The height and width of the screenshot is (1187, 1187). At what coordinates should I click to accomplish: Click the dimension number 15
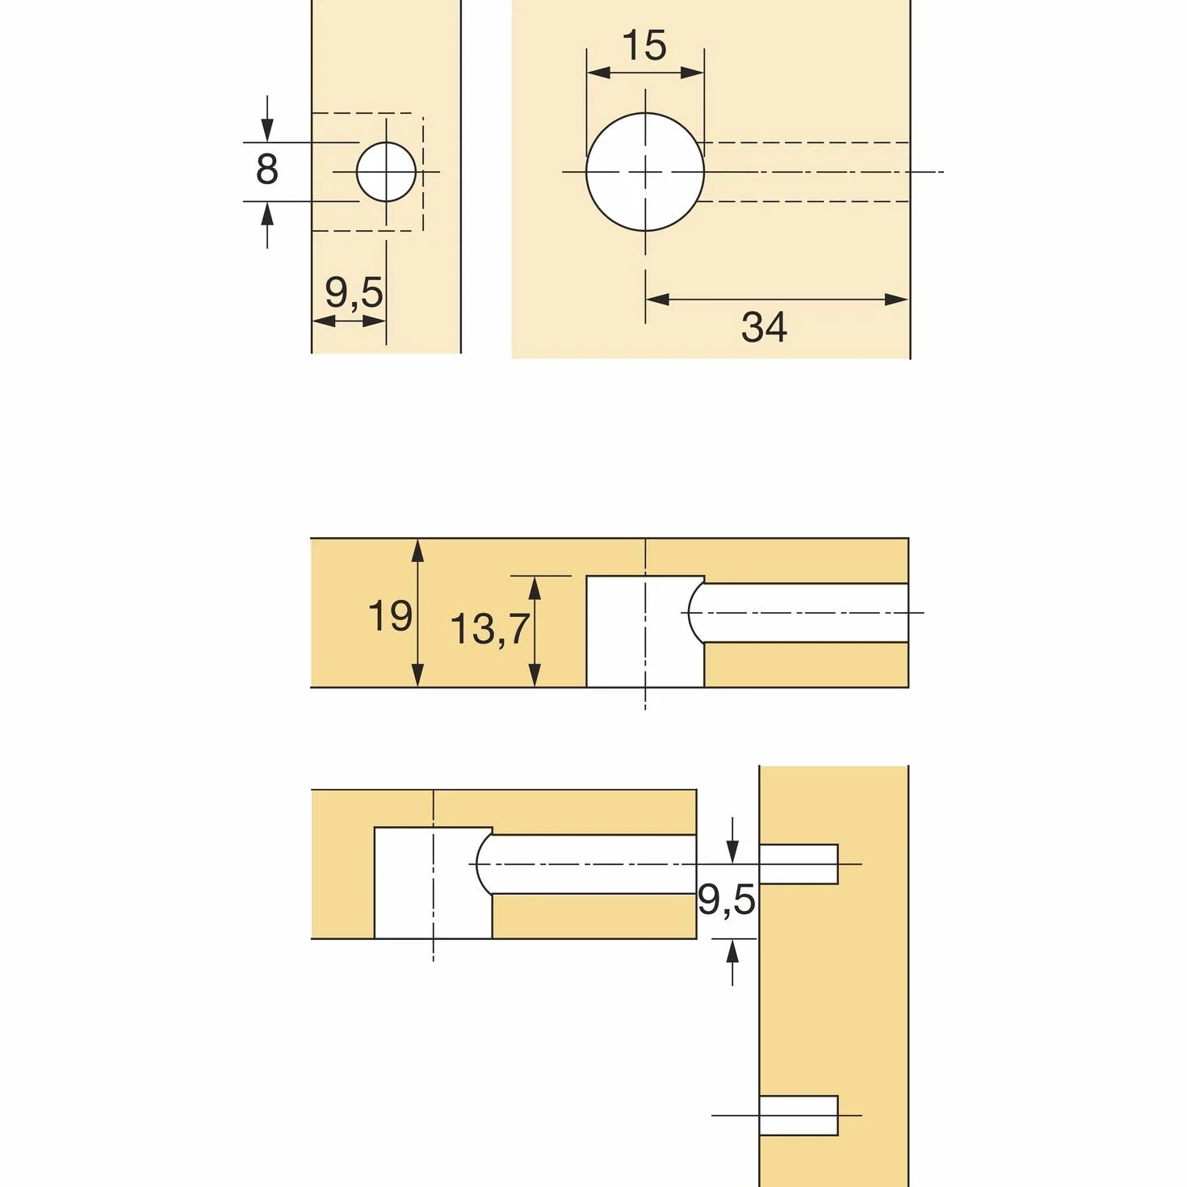(x=644, y=45)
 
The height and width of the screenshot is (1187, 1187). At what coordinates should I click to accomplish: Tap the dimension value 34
(x=764, y=327)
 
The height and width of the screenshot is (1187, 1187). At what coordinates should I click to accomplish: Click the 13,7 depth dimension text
(x=489, y=629)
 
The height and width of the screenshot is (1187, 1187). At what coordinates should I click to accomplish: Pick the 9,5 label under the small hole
(x=354, y=292)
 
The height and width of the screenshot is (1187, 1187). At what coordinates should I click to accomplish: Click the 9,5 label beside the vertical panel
(x=726, y=900)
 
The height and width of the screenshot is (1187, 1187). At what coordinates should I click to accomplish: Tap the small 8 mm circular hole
(x=386, y=172)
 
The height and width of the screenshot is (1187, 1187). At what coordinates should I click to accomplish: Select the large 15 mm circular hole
(x=645, y=172)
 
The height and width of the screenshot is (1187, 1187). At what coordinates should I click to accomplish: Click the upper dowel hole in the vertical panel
(x=799, y=864)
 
